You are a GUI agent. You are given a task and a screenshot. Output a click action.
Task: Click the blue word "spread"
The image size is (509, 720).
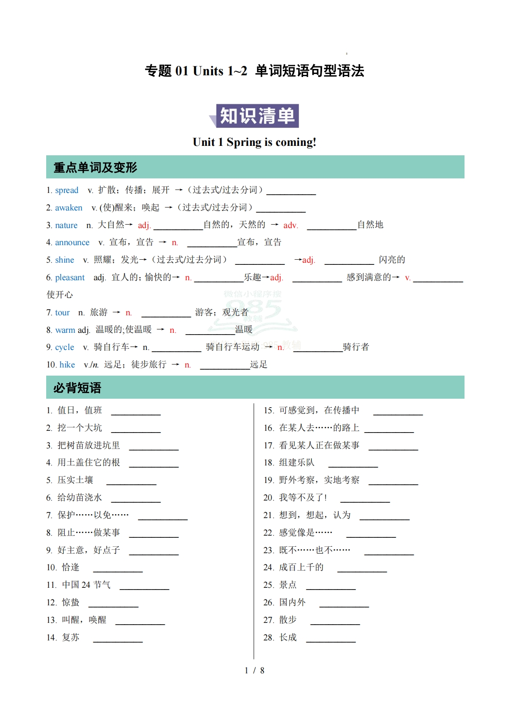click(x=67, y=190)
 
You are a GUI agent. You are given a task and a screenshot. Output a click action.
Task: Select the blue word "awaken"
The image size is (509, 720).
click(x=68, y=208)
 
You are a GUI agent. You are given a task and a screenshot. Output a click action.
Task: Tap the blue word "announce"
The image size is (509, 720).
click(x=72, y=243)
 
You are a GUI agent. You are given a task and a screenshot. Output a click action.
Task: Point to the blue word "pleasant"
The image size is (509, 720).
click(x=70, y=278)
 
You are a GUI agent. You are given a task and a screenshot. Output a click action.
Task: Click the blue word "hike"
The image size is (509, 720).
click(x=67, y=365)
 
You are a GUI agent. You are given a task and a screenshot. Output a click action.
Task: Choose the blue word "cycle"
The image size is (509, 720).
click(x=65, y=347)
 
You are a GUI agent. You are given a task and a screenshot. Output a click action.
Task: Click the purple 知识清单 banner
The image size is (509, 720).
click(x=257, y=116)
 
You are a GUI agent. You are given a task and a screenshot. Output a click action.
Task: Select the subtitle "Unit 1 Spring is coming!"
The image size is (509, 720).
click(x=254, y=142)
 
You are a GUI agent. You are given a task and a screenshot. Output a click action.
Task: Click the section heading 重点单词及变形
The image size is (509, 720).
click(x=95, y=167)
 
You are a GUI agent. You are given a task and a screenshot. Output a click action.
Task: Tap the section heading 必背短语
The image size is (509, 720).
click(x=77, y=388)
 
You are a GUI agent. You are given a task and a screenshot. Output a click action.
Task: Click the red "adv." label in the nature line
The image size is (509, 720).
click(x=290, y=225)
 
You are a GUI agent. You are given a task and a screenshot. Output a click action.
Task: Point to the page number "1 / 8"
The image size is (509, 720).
click(x=254, y=670)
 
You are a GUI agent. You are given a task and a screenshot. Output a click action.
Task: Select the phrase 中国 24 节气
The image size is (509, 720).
click(x=86, y=585)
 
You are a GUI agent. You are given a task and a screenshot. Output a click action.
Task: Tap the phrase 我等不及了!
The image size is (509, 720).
click(x=303, y=498)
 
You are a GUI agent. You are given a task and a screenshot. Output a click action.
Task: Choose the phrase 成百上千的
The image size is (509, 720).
click(x=301, y=567)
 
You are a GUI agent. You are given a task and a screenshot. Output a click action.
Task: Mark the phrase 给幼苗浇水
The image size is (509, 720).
click(x=80, y=498)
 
